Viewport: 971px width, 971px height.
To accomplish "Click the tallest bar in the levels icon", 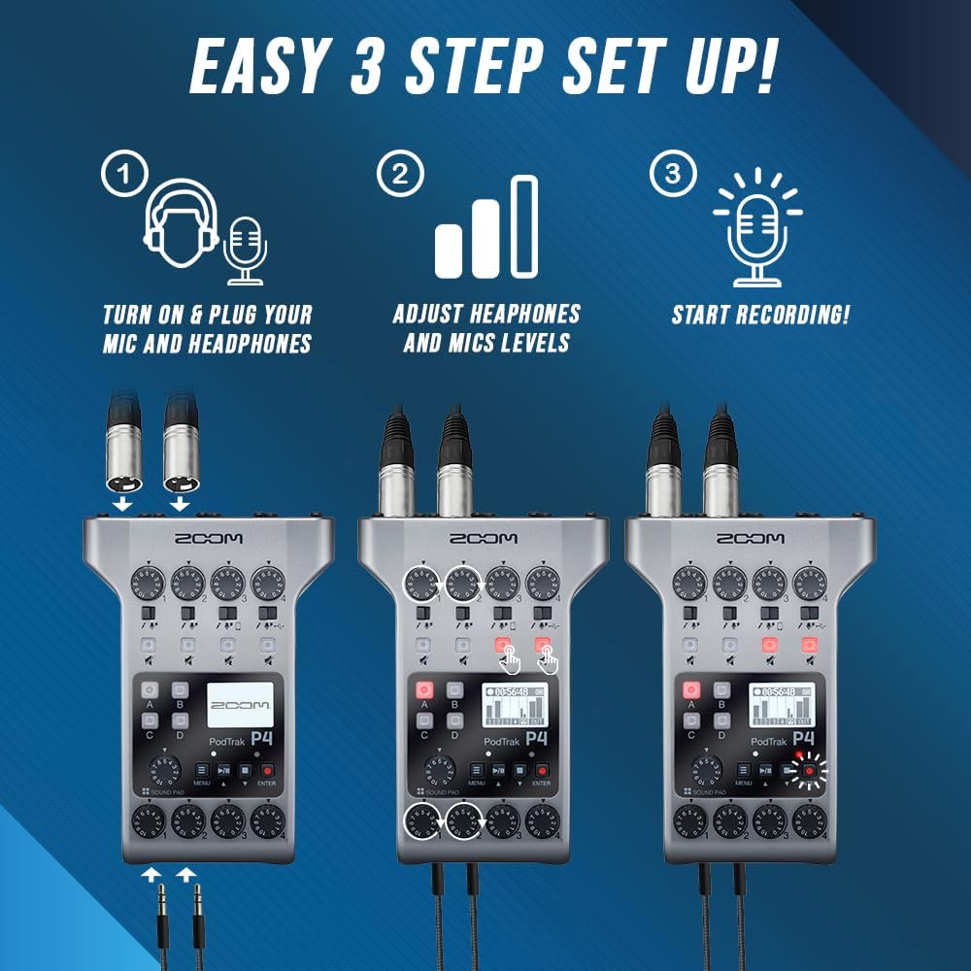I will (524, 225).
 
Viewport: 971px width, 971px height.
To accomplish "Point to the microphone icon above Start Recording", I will (757, 233).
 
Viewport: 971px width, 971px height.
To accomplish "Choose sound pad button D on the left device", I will (180, 721).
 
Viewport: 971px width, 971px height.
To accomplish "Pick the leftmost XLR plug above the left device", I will (124, 456).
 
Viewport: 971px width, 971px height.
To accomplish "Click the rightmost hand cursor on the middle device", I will (548, 662).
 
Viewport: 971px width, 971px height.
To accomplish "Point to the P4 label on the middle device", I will (535, 738).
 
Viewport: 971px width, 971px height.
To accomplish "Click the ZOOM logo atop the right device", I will (750, 539).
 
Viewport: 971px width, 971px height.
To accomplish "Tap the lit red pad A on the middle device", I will (423, 690).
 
